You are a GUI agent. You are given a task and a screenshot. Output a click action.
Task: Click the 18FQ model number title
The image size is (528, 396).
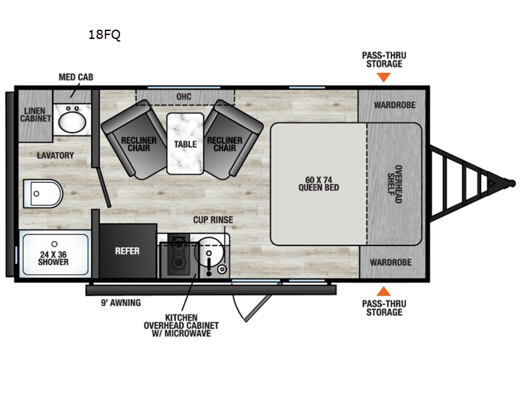(x=104, y=35)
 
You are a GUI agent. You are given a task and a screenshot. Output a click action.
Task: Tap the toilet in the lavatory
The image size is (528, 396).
(x=43, y=193)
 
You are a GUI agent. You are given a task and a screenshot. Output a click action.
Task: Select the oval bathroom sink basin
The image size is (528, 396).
(x=72, y=122)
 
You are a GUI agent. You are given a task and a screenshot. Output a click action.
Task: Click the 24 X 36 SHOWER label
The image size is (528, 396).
(x=53, y=258)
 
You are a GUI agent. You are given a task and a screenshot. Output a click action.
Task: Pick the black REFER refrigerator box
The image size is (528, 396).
(x=128, y=251)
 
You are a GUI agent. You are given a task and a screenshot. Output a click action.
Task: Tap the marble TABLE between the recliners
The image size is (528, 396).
(x=185, y=144)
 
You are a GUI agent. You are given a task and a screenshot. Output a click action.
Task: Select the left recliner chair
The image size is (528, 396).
(x=134, y=139)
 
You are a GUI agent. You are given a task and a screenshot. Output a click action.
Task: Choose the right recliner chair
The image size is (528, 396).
(x=233, y=139)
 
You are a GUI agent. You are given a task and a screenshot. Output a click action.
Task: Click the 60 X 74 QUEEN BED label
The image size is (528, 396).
(x=319, y=184)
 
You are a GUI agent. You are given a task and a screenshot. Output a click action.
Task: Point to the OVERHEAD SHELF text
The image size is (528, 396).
(x=394, y=184)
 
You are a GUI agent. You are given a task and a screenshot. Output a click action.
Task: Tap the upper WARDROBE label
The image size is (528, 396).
(x=395, y=105)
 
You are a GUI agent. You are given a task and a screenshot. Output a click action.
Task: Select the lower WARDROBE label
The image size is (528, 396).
(x=391, y=262)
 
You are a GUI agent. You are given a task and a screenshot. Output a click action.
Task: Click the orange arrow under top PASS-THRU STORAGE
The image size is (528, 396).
(x=383, y=77)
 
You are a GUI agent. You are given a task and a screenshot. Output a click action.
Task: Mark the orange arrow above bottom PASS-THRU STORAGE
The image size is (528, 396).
(x=383, y=291)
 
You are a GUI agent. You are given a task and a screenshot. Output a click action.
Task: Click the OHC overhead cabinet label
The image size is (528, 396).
(x=184, y=96)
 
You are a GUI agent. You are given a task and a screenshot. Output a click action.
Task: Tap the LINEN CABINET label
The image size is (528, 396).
(x=36, y=114)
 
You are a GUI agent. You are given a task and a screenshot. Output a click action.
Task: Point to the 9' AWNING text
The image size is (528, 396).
(x=121, y=303)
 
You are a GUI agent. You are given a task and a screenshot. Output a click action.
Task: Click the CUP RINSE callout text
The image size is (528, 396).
(x=213, y=220)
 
